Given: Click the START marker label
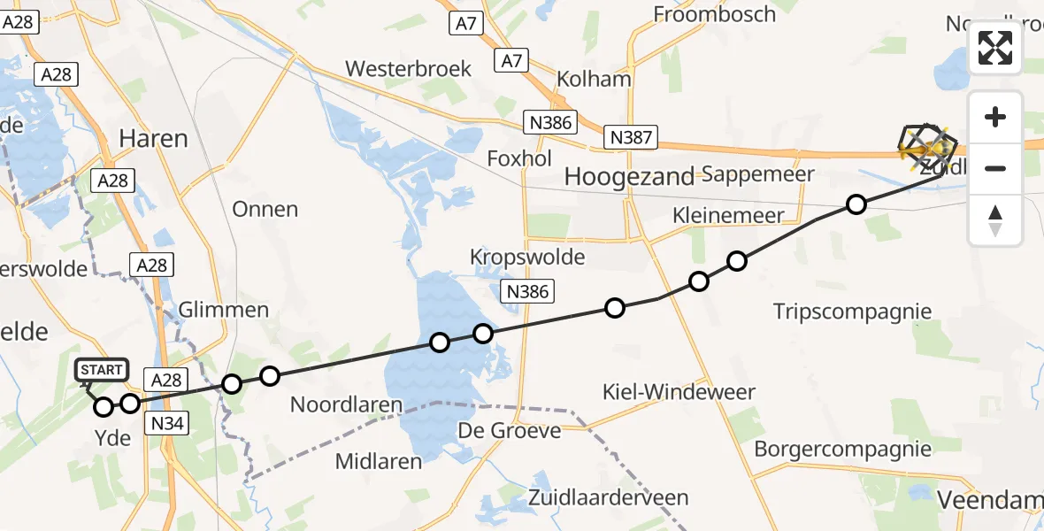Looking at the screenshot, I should point(103,369).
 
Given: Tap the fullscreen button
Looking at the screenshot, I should point(995,48).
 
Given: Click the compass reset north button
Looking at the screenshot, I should point(995,220).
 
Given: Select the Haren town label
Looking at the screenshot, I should point(153,139).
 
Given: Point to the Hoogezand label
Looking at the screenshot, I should point(629,177).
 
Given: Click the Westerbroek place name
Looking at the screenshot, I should point(409,68).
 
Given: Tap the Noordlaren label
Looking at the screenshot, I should point(346,405).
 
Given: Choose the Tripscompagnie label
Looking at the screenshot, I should point(852,311).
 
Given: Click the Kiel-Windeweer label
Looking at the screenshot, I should point(679,391).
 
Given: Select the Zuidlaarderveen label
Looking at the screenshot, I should point(621,497).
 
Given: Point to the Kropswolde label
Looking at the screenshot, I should point(527,258).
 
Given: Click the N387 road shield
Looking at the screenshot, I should point(632,137).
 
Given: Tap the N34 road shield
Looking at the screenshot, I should point(167,424).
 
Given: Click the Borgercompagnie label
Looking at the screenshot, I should point(842,449).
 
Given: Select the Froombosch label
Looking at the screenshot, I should point(714,14).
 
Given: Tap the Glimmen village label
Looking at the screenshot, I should point(224,310).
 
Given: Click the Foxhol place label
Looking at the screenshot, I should point(519,158).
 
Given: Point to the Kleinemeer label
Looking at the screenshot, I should point(728,215).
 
